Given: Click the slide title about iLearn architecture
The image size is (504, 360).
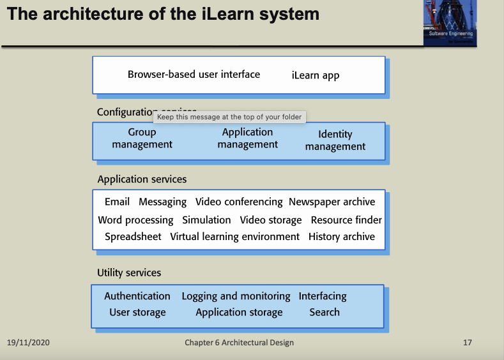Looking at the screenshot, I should coord(163,14).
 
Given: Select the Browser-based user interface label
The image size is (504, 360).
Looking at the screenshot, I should coord(194,74).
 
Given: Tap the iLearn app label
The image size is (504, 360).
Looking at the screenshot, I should coord(316,75).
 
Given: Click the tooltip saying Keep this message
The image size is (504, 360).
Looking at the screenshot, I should coord(229,117).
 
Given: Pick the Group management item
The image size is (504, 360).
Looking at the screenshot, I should coord(142,139).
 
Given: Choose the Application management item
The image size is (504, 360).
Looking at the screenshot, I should coord(247,139).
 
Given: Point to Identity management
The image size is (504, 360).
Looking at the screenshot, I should coord(335,140).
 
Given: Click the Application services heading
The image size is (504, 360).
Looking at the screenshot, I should coord(142,179).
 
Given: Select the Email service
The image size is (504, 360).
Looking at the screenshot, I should coord(117,202).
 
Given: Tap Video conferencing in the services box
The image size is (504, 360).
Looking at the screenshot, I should coord(239,202).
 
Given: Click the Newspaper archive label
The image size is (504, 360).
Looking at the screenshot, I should coord(332,202).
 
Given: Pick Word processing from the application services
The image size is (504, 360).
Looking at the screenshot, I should coord(135,220).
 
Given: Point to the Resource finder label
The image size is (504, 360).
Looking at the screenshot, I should coord(346,220).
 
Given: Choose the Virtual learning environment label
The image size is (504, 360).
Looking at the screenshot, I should coord(234,237).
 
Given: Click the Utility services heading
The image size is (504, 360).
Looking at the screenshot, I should coord(129,273).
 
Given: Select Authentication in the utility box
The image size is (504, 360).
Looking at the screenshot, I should coord(137,296).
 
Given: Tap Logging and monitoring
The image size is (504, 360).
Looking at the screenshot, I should coord(236,296).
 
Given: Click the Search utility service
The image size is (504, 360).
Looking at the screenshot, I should coord(325,312).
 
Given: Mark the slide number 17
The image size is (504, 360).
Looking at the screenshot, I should coord(468,343).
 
